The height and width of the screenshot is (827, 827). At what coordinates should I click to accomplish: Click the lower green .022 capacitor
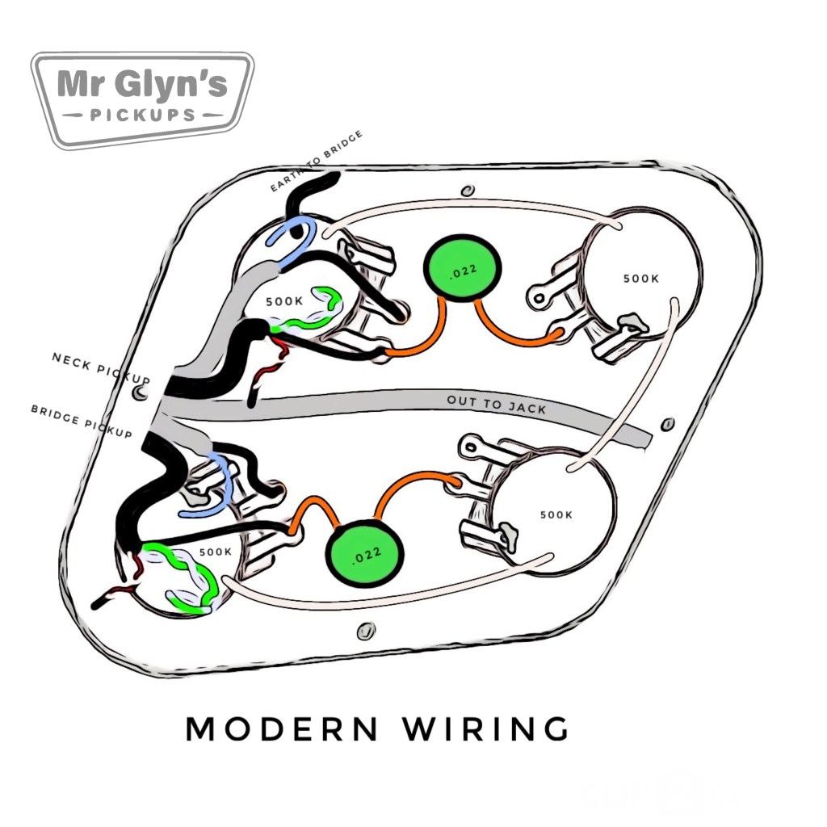pos(364,555)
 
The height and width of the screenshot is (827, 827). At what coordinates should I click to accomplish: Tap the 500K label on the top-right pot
pos(641,279)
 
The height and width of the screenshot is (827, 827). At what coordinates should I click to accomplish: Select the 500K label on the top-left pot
pos(284,301)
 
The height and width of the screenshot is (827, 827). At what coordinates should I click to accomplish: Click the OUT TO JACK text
pos(497,405)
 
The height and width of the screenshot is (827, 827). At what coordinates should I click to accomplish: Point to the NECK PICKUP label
pos(101,367)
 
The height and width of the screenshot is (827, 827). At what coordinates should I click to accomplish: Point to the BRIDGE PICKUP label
pos(80,422)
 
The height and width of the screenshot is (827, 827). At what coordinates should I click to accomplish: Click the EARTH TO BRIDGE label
pos(316,161)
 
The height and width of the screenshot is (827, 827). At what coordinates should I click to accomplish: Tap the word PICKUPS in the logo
pos(142,115)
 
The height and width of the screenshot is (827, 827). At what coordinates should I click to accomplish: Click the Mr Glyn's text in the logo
pos(142,85)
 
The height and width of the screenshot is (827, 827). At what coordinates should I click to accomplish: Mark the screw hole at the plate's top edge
pos(466,191)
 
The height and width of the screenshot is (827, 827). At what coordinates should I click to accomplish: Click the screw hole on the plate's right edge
pos(667,423)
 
